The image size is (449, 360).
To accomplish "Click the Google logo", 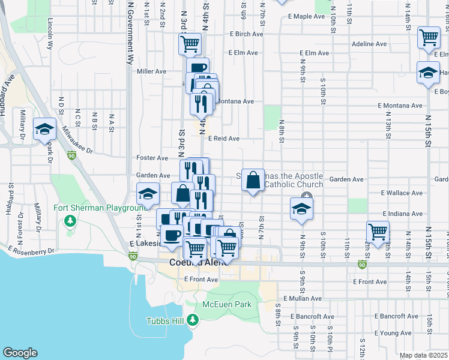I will pyautogui.click(x=20, y=353).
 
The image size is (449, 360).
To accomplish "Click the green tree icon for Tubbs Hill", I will pyautogui.click(x=193, y=320).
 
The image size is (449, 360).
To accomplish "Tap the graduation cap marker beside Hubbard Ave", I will pyautogui.click(x=45, y=129).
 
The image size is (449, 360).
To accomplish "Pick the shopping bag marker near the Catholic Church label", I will pyautogui.click(x=253, y=179).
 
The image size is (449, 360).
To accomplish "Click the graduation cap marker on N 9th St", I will pyautogui.click(x=302, y=209).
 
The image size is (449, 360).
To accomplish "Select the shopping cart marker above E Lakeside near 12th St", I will pyautogui.click(x=378, y=232).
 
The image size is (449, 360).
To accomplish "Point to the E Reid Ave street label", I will pyautogui.click(x=224, y=139).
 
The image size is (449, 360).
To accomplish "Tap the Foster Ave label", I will pyautogui.click(x=152, y=158).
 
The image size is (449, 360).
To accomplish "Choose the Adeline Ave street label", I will pyautogui.click(x=369, y=44).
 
